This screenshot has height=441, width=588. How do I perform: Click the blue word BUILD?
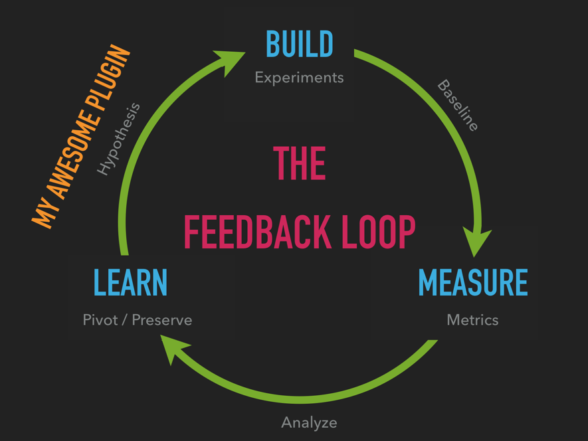[x=299, y=44]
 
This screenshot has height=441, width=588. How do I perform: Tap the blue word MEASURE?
[x=472, y=282]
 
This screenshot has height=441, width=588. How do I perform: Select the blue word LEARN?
[x=130, y=282]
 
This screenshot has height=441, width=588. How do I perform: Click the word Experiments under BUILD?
[x=299, y=78]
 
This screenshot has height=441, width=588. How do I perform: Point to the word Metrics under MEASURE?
[x=472, y=320]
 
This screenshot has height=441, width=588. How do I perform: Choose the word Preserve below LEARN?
[x=162, y=320]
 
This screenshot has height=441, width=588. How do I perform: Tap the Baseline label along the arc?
[x=457, y=106]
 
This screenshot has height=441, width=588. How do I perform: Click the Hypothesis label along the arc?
[x=119, y=139]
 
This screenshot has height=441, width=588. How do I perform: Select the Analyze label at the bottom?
[x=309, y=422]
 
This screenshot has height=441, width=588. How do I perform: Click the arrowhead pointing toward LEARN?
[x=175, y=348]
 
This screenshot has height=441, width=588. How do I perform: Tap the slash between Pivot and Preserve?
[x=125, y=320]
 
